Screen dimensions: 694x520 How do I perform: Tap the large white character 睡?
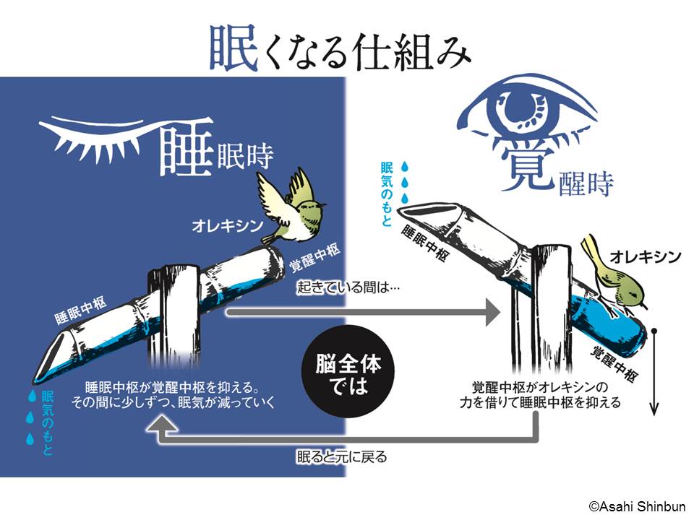click(187, 142)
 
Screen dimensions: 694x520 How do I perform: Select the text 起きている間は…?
click(348, 287)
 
